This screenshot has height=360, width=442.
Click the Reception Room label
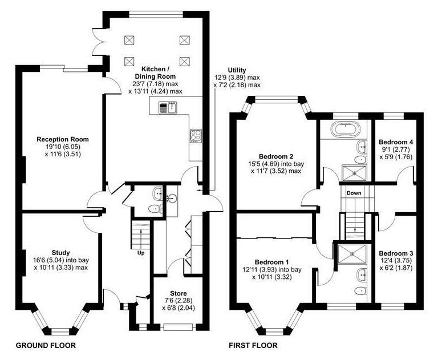(x=63, y=139)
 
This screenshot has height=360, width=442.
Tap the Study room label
(x=60, y=253)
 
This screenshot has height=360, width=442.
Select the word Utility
(x=237, y=70)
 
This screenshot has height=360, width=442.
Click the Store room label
(x=179, y=293)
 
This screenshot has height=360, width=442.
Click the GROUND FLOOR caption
(x=46, y=345)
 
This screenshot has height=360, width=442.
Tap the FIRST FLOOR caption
(x=253, y=345)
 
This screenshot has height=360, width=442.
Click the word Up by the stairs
(x=141, y=253)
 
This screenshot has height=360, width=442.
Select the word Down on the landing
(x=354, y=193)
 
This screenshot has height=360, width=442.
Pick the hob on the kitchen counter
(x=196, y=136)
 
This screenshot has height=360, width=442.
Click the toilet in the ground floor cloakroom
(x=155, y=209)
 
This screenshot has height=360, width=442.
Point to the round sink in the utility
(x=172, y=198)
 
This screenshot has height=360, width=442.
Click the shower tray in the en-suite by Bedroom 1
(x=352, y=254)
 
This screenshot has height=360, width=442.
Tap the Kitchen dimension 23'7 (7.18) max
(x=155, y=84)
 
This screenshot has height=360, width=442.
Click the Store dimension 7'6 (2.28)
(x=179, y=301)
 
